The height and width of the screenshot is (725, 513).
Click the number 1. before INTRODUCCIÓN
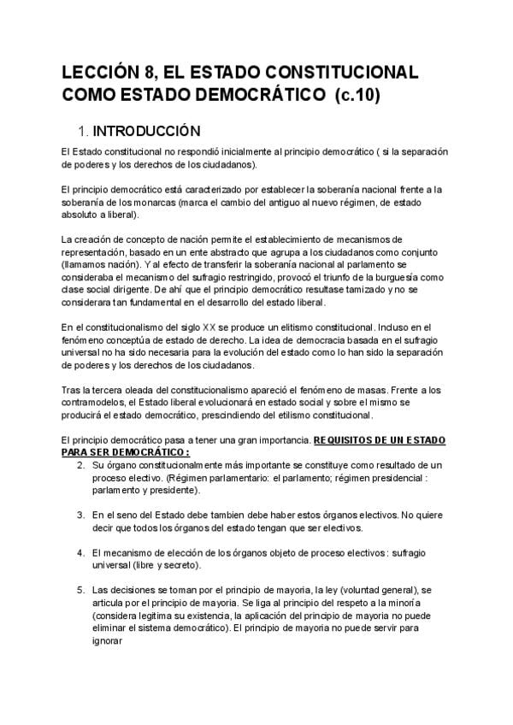[x=83, y=132]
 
